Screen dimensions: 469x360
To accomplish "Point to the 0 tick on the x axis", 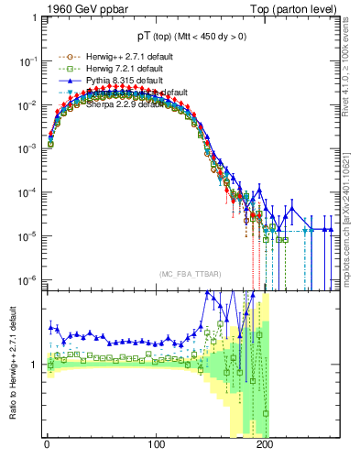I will coord(47,444).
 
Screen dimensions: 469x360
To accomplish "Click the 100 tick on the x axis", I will coord(156,444).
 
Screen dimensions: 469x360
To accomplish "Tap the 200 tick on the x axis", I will coord(265,444).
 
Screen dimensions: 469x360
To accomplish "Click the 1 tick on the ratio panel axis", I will coord(36,365).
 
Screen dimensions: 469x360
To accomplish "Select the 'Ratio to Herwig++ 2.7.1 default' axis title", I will coord(13,364).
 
